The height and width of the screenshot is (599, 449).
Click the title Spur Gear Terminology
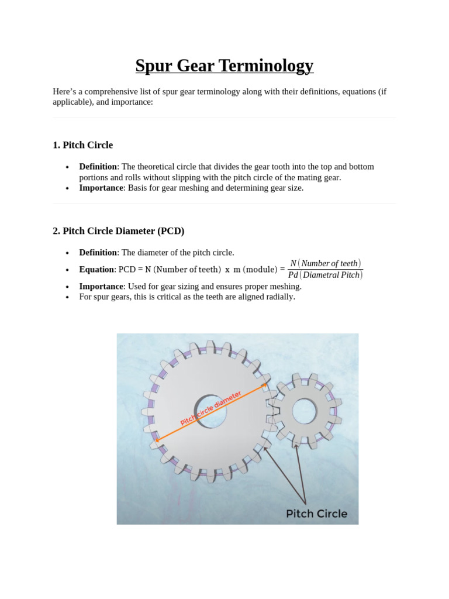point(224,66)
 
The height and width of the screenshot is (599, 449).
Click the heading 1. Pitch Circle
point(82,145)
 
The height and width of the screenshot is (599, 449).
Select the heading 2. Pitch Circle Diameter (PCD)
point(118,231)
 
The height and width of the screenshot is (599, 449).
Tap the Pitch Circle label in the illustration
point(316,514)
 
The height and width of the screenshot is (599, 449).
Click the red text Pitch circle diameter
point(210,409)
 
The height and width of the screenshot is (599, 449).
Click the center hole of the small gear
point(304,411)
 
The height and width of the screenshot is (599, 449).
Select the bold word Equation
point(96,270)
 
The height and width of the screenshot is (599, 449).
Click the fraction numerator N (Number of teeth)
point(325,263)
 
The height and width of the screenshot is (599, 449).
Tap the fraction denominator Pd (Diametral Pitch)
point(325,275)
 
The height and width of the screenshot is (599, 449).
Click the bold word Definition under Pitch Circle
point(98,167)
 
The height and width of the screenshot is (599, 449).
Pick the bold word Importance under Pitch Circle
point(101,188)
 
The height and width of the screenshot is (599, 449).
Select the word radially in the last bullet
point(280,297)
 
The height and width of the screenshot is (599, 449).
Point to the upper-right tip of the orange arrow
point(267,385)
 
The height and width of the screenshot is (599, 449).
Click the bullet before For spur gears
point(68,297)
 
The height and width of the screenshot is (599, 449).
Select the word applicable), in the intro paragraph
point(72,102)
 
